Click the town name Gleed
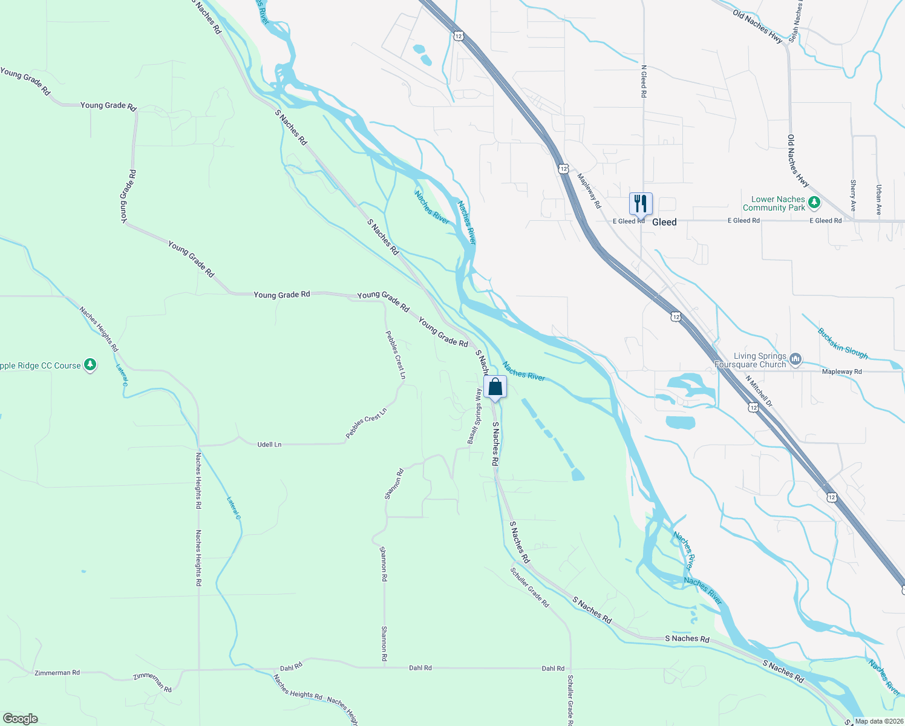point(664,222)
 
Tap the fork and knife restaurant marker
point(641,204)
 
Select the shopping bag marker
point(495,387)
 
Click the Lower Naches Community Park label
point(777,203)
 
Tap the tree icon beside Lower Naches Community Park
point(814,203)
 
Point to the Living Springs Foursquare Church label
point(750,361)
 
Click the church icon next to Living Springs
point(796,360)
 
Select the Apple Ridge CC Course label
point(40,366)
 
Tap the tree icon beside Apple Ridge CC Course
point(90,365)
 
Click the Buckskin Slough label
point(843,344)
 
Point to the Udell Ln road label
point(269,445)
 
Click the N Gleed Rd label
point(644,81)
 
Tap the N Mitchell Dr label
point(759,391)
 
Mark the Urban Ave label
point(878,200)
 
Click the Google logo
point(20,719)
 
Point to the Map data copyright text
point(878,721)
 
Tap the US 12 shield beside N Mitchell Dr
point(753,408)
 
